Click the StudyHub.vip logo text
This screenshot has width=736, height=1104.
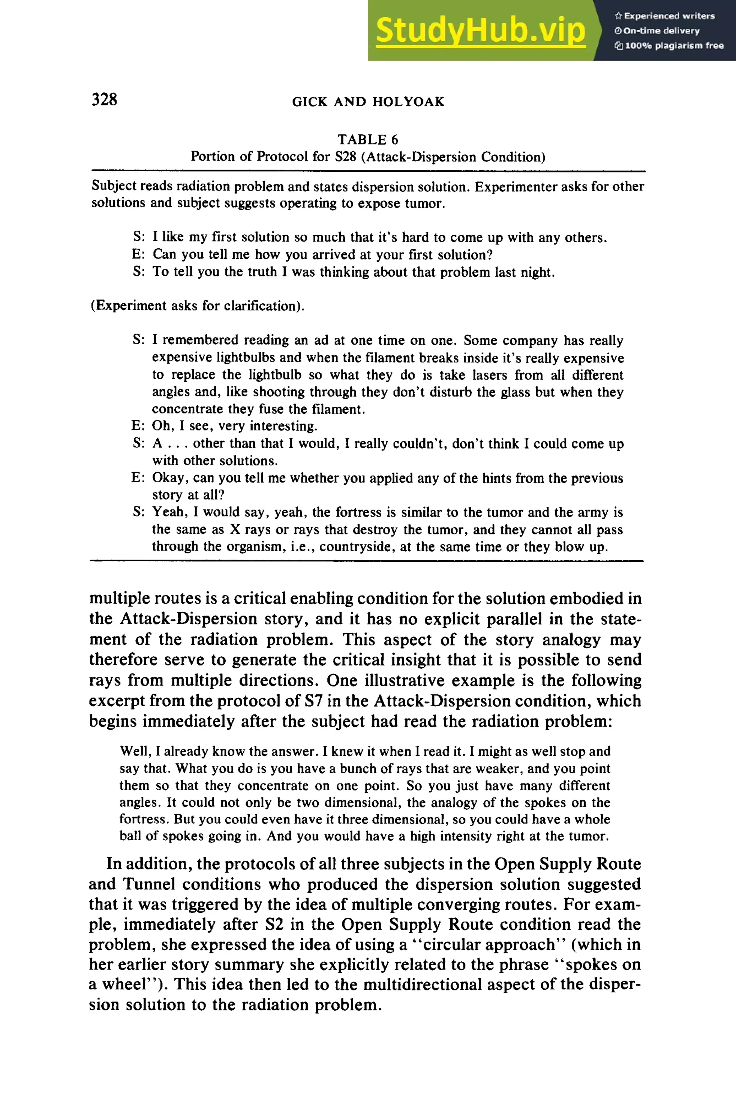(x=480, y=31)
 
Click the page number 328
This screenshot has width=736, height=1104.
(x=104, y=99)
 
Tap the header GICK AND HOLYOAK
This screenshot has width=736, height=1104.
(x=368, y=101)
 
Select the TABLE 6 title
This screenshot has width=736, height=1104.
(x=368, y=139)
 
